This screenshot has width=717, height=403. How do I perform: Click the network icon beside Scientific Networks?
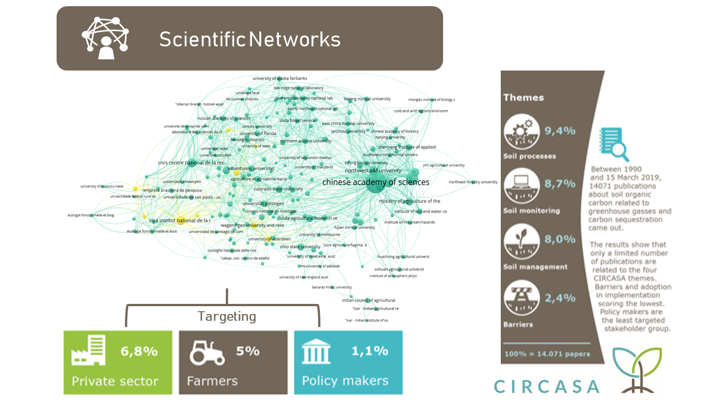[x=105, y=38]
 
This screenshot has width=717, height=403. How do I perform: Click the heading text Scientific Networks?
[x=249, y=39]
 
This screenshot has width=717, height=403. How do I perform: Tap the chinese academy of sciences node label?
[x=375, y=182]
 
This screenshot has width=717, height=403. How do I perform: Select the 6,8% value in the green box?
[x=139, y=352]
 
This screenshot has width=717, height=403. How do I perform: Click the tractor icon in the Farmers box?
[x=207, y=352]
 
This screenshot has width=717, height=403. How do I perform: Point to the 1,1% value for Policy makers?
[x=370, y=351]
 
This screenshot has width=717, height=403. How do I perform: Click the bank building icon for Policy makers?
[x=316, y=352]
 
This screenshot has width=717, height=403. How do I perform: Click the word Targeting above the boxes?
[x=227, y=316]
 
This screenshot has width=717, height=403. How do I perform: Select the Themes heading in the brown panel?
[x=523, y=97]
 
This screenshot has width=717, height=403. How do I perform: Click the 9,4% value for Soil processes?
[x=560, y=132]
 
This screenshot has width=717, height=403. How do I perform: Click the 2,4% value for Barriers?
[x=560, y=298]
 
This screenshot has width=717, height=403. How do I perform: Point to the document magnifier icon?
[x=613, y=144]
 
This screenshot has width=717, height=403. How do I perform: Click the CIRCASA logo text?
[x=547, y=386]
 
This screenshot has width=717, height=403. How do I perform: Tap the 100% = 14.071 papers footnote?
[x=547, y=354]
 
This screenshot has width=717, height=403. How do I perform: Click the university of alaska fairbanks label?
[x=280, y=78]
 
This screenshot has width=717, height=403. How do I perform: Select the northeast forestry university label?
[x=473, y=182]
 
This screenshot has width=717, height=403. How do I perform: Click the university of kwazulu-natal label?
[x=101, y=186]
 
